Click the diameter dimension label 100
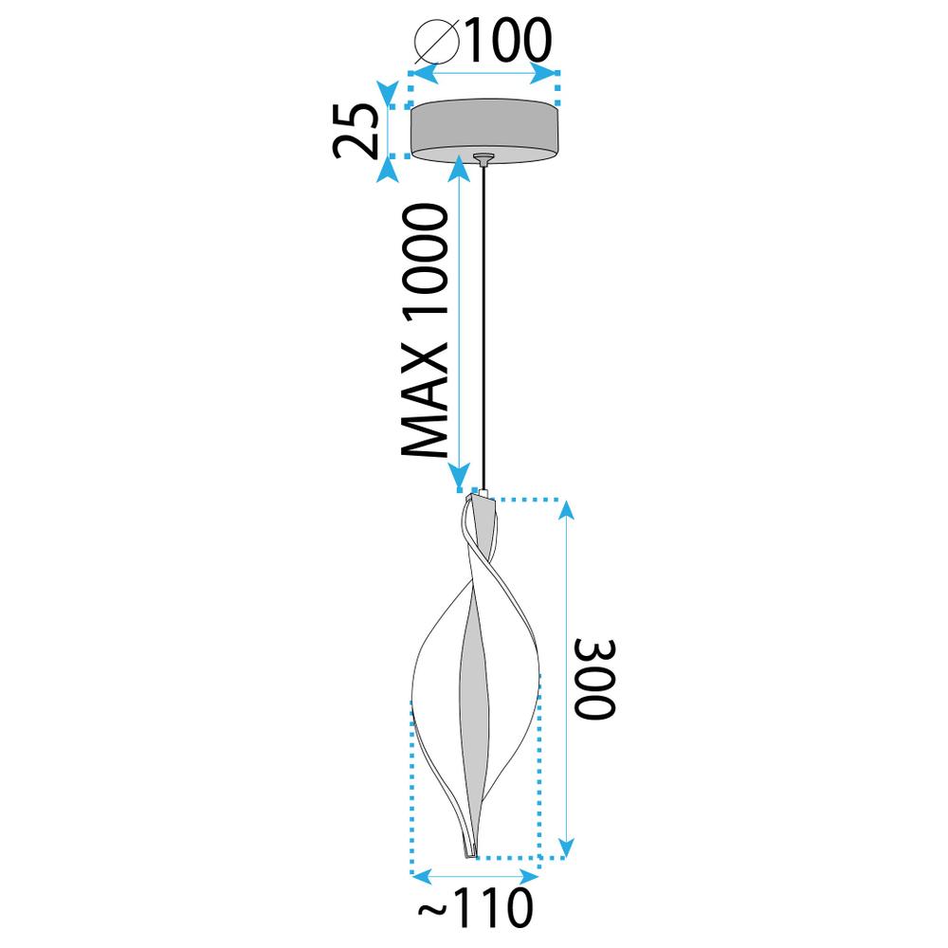tap(508, 39)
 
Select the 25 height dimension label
tap(355, 131)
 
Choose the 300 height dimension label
tap(594, 679)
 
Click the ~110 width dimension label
tap(477, 907)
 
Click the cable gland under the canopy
tap(483, 159)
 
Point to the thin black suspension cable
tap(483, 327)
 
